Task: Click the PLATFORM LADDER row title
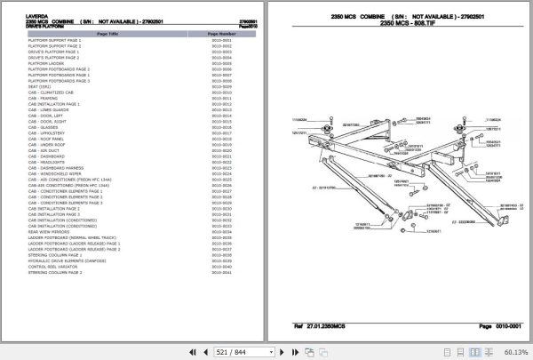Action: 48,63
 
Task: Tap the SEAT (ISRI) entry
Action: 41,86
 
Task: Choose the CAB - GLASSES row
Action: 45,127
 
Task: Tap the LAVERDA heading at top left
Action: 41,4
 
